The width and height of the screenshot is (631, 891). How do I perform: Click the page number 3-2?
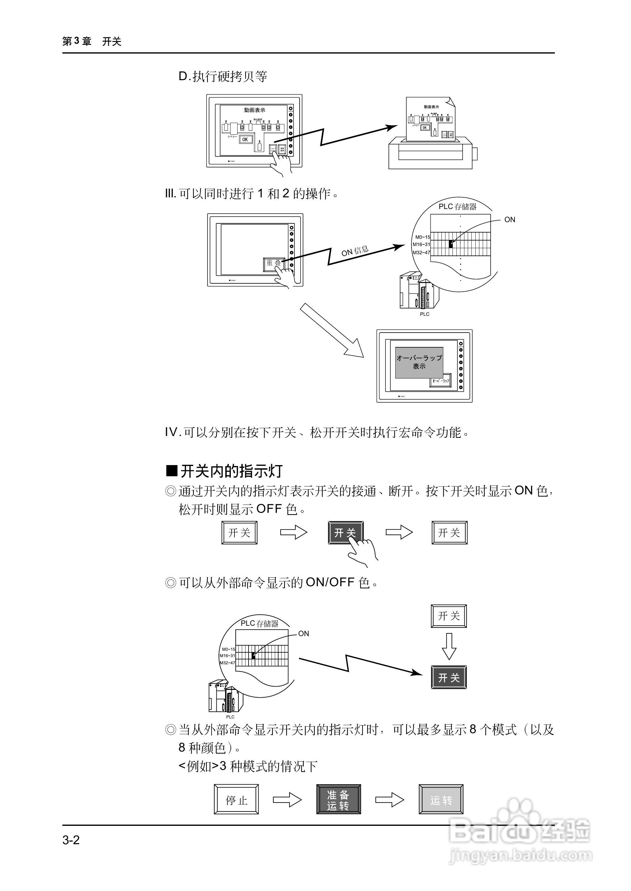pyautogui.click(x=71, y=840)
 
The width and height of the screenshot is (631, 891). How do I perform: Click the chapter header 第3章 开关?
pyautogui.click(x=92, y=41)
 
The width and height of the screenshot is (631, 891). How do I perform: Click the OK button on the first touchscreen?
pyautogui.click(x=245, y=139)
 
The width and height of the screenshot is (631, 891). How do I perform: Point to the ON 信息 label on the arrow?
pyautogui.click(x=355, y=251)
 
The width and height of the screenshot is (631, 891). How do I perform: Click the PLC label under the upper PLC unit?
pyautogui.click(x=424, y=314)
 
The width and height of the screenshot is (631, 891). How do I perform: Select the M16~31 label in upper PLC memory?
pyautogui.click(x=421, y=244)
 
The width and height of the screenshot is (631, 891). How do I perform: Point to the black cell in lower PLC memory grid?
pyautogui.click(x=253, y=656)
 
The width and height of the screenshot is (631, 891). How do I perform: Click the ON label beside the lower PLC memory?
pyautogui.click(x=304, y=634)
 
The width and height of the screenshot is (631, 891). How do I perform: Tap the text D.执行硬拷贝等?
pyautogui.click(x=223, y=76)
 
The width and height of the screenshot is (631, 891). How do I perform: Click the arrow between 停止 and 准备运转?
pyautogui.click(x=287, y=800)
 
